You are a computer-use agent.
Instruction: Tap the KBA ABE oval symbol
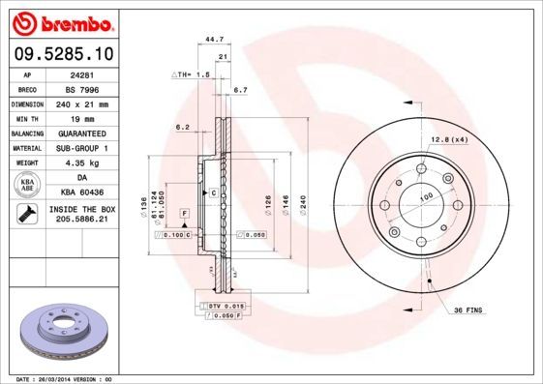(x=29, y=185)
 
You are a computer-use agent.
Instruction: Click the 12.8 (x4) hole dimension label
(x=449, y=140)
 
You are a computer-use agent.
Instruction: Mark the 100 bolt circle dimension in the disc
(x=424, y=197)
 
